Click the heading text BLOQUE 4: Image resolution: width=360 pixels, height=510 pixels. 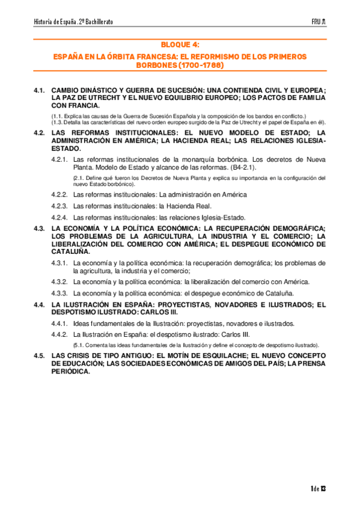click(x=180, y=45)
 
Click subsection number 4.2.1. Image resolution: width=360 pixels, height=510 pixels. click(x=59, y=159)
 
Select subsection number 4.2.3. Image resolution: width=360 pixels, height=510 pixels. click(x=59, y=206)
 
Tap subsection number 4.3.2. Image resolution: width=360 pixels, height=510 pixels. click(x=59, y=282)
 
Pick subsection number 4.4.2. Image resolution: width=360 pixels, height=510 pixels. click(x=59, y=334)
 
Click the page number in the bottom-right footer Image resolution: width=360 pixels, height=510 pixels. click(x=319, y=488)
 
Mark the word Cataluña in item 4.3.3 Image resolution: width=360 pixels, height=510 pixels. click(x=279, y=293)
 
